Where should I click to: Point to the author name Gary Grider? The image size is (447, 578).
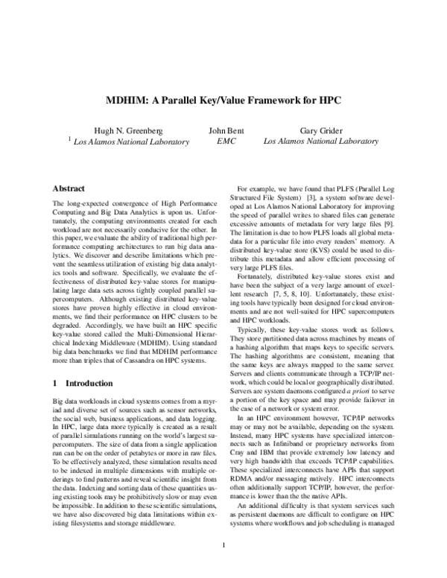(320, 130)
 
